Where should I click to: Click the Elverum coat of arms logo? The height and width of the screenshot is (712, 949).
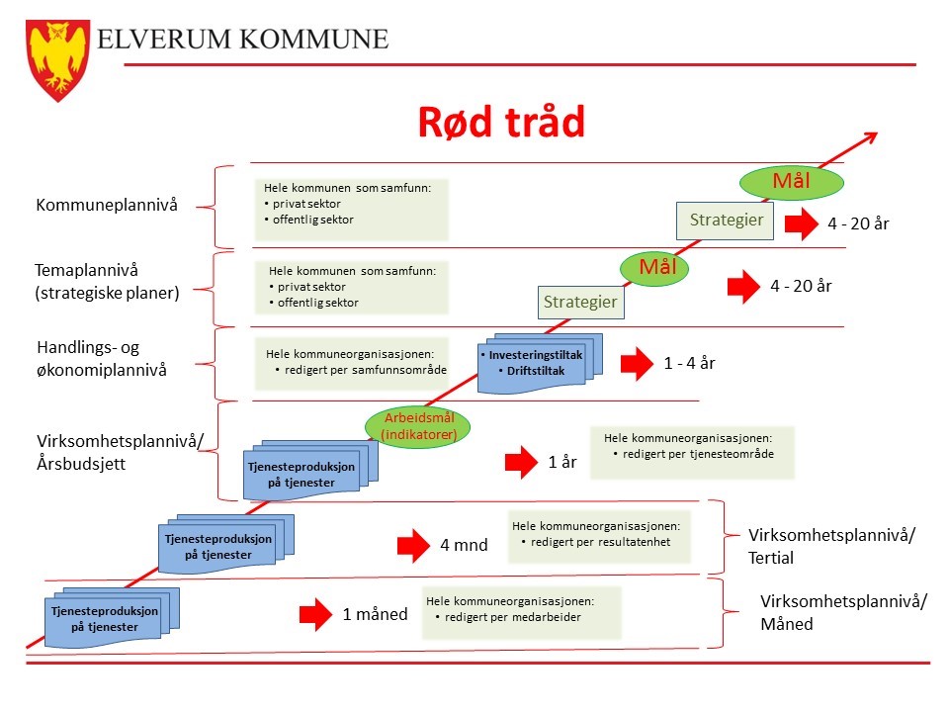pos(58,60)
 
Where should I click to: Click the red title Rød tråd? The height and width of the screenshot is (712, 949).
pos(502,122)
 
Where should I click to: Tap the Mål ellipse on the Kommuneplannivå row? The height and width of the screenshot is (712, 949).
pos(791,181)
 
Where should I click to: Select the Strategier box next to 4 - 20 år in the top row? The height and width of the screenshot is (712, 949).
pos(725,221)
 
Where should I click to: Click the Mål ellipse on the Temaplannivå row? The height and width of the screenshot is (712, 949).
pos(654,267)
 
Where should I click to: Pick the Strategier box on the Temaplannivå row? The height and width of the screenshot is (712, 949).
pos(581,303)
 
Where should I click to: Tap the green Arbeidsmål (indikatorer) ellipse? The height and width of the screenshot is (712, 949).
pos(417,426)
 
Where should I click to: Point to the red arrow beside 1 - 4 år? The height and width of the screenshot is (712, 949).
pos(637,363)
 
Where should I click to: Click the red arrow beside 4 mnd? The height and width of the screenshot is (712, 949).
pos(413,546)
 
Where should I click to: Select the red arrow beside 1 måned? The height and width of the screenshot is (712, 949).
pos(316,614)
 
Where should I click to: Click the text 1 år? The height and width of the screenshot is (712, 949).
pos(562,462)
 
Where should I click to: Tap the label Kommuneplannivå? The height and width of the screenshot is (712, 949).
pos(107,206)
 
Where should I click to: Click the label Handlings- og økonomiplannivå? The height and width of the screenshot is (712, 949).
pos(102,358)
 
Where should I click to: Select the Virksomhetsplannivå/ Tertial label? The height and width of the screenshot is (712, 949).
pos(831,546)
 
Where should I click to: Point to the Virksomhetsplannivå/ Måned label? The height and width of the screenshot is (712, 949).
pos(843,612)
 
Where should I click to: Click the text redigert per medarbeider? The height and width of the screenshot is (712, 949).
pos(513,617)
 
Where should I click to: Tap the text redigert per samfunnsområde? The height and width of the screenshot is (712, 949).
pos(366,370)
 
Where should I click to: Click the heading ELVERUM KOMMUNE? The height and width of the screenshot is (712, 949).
pos(243,40)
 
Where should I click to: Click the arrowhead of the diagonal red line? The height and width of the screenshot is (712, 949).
pos(872,137)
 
